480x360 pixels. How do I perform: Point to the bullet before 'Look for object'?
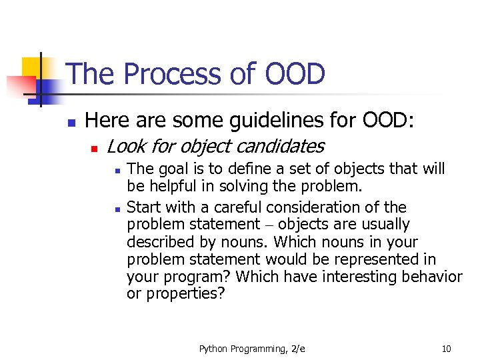coord(95,147)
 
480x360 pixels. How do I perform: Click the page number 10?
coord(446,348)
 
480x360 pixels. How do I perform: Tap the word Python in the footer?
coord(212,348)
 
